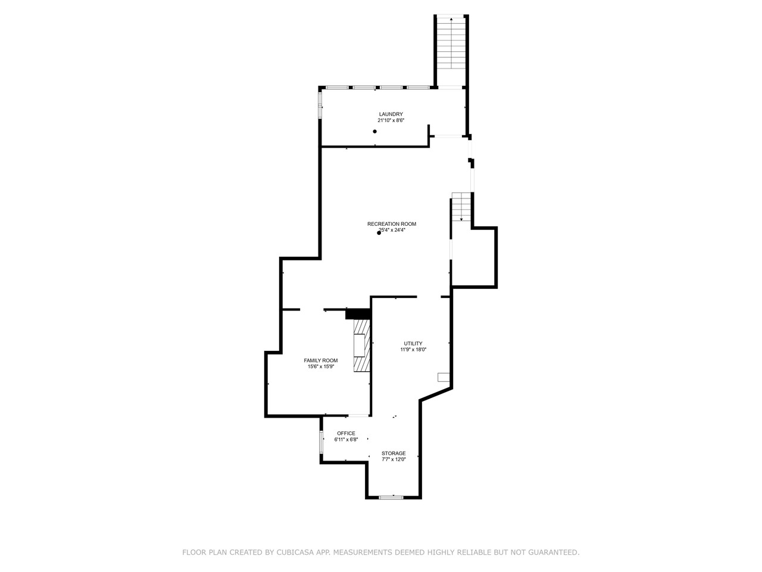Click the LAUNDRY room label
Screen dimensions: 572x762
pyautogui.click(x=391, y=114)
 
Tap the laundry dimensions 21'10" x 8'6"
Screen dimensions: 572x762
pyautogui.click(x=391, y=120)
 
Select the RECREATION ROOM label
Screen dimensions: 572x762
pyautogui.click(x=392, y=224)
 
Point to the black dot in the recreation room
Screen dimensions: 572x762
pyautogui.click(x=379, y=233)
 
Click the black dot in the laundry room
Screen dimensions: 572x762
pyautogui.click(x=375, y=131)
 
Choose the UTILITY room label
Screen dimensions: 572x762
pyautogui.click(x=413, y=343)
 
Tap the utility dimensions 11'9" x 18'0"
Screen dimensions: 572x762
pyautogui.click(x=413, y=350)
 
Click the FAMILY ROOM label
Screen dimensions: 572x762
pyautogui.click(x=321, y=360)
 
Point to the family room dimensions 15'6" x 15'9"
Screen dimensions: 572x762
pyautogui.click(x=321, y=367)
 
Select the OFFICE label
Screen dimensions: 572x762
pyautogui.click(x=346, y=433)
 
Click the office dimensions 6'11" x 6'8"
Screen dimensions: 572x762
pyautogui.click(x=346, y=440)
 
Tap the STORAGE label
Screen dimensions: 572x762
pyautogui.click(x=394, y=453)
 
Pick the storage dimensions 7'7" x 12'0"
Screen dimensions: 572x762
pyautogui.click(x=394, y=459)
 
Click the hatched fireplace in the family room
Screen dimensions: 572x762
pyautogui.click(x=361, y=346)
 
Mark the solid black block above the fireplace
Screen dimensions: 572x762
pyautogui.click(x=358, y=313)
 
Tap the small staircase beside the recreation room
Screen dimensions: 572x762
pyautogui.click(x=461, y=207)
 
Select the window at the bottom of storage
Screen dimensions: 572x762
pyautogui.click(x=391, y=497)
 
